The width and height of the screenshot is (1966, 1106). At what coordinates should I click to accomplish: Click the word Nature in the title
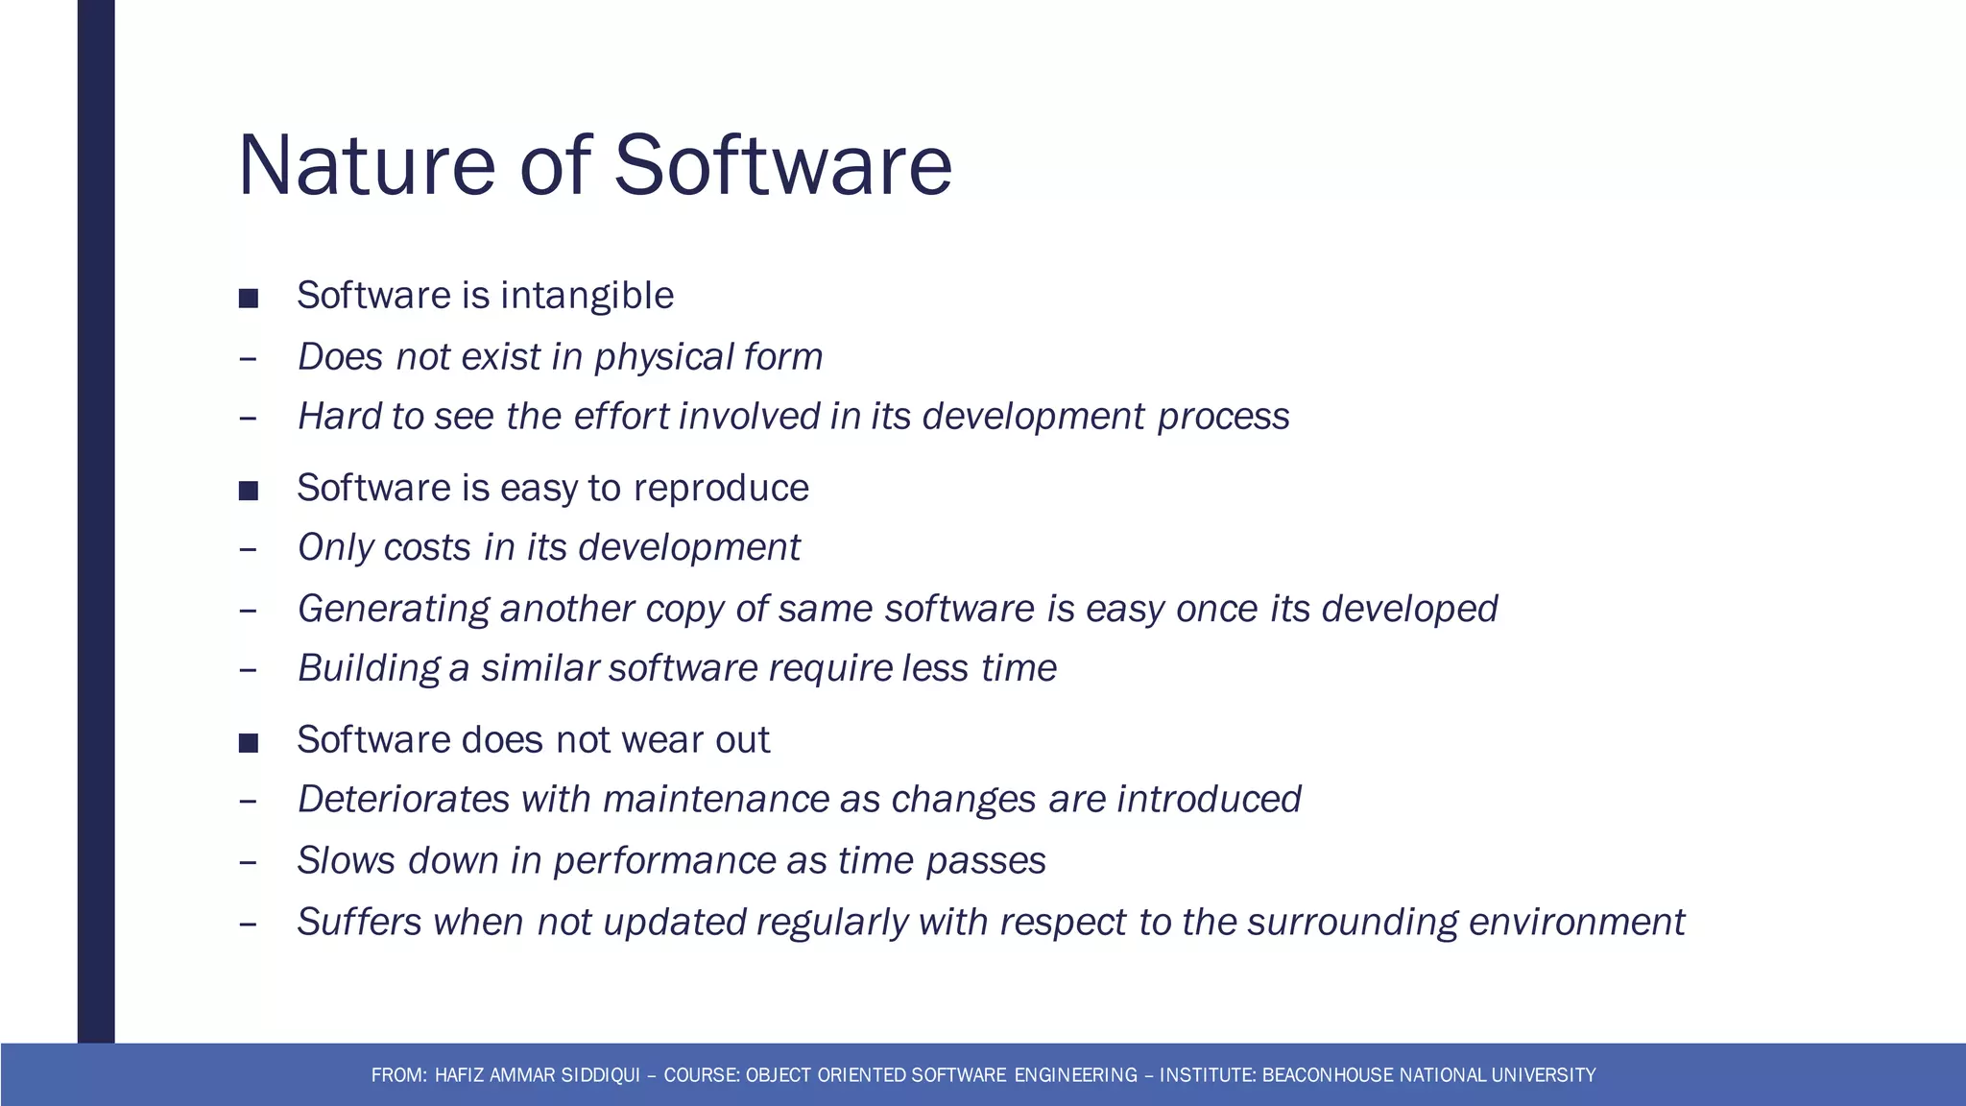(366, 165)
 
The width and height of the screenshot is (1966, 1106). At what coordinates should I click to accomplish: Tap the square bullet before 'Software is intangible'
(249, 299)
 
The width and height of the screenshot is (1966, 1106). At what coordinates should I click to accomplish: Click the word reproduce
(721, 489)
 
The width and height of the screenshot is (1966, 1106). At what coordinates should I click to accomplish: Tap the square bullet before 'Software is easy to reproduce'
(249, 492)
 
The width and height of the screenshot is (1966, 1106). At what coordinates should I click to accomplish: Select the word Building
(368, 669)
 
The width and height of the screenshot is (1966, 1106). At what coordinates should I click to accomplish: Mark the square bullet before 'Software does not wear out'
(249, 743)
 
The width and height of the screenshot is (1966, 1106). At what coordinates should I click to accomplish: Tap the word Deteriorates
(403, 800)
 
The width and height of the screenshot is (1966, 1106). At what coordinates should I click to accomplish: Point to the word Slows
(346, 861)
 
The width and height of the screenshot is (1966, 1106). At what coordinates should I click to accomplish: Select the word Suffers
(359, 923)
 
